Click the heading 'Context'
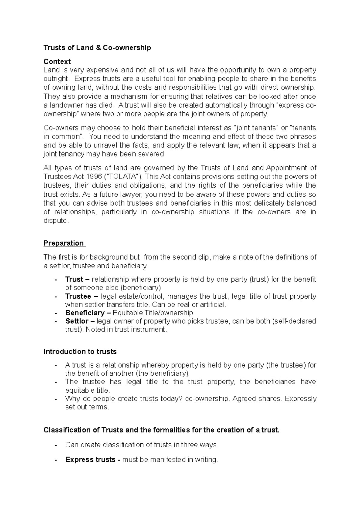(57, 61)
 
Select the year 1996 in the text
(94, 177)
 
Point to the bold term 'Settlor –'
(80, 321)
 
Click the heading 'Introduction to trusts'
(80, 351)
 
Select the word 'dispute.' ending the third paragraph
(56, 221)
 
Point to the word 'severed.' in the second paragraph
(153, 154)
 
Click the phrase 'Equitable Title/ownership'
(153, 313)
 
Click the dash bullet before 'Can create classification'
(56, 445)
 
